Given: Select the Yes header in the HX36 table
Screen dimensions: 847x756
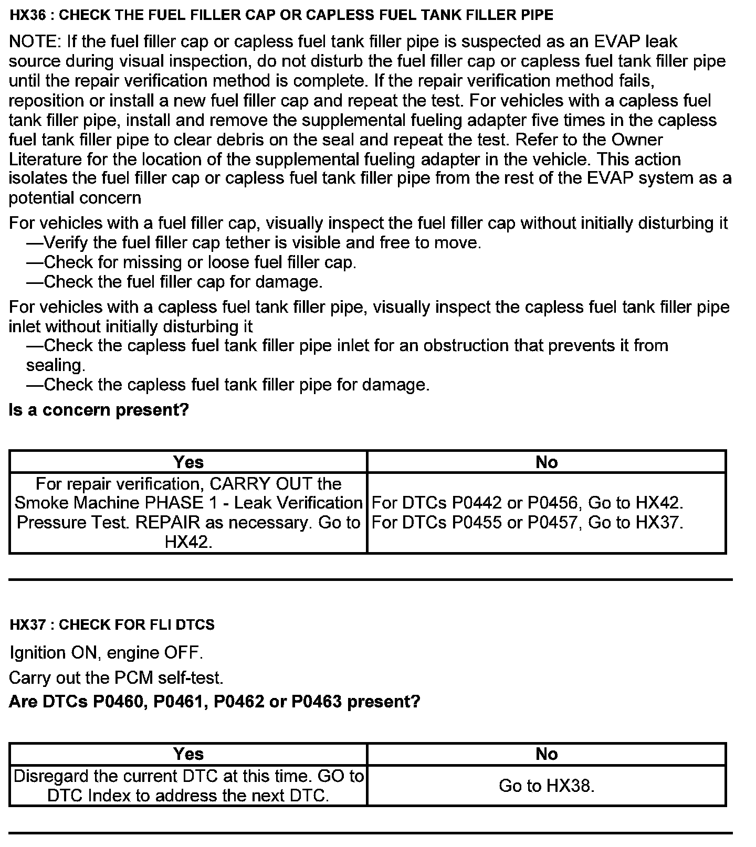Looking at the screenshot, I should coord(188,462).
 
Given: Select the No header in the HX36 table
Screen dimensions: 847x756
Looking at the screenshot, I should coord(547,462).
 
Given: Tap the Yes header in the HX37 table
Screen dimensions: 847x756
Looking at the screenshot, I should coord(188,754).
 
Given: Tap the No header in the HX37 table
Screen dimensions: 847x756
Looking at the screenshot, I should coord(547,754).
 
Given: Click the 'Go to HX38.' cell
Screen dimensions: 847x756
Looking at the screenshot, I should coord(547,786).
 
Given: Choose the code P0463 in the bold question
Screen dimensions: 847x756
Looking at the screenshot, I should coord(317,702).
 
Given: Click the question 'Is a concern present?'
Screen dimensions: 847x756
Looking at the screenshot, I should coord(99,410).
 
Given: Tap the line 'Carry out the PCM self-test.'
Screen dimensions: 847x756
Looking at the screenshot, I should coord(116,677).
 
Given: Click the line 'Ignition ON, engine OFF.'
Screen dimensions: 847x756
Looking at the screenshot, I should coord(106,653).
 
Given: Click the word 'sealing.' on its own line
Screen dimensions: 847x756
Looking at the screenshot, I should coord(56,365).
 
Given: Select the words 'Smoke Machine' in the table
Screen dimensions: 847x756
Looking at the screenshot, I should coord(77,503).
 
